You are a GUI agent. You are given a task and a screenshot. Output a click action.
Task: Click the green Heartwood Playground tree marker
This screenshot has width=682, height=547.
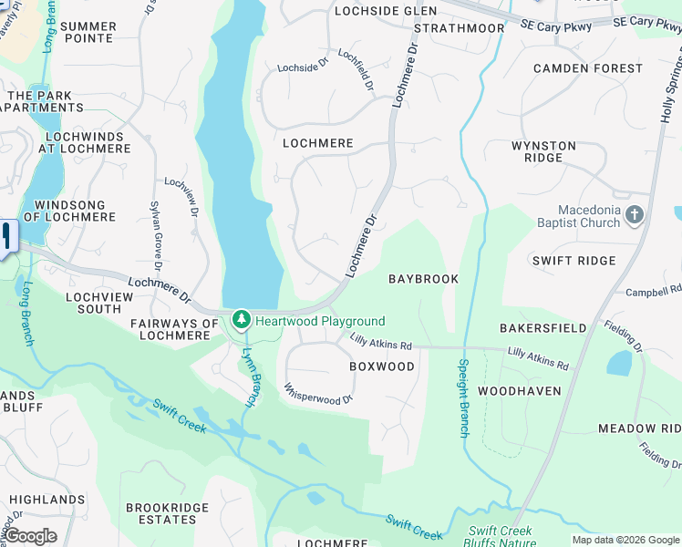(x=242, y=320)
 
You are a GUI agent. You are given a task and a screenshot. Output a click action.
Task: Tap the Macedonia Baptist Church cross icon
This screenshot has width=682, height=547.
(x=635, y=216)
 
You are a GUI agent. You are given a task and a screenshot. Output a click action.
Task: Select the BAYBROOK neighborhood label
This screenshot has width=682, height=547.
(x=423, y=279)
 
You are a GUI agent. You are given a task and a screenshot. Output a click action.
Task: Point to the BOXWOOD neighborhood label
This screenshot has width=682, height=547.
(x=382, y=366)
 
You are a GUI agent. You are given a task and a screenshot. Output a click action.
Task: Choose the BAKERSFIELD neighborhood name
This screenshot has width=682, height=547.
(x=542, y=327)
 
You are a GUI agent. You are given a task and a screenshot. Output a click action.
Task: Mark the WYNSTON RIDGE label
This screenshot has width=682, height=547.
(x=543, y=151)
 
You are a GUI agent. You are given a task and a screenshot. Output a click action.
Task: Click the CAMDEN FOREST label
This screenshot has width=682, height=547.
(x=588, y=68)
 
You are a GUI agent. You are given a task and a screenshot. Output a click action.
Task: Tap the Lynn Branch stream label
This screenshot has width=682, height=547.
(x=249, y=375)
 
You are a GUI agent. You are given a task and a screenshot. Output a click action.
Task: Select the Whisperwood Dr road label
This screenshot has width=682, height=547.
(x=318, y=394)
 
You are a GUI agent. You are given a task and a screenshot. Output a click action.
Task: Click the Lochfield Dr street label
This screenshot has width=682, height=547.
(x=356, y=70)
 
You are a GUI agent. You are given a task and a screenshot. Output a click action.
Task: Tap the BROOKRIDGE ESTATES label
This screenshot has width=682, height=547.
(x=161, y=513)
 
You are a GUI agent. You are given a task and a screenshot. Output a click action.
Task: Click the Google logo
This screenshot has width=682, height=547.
(x=30, y=536)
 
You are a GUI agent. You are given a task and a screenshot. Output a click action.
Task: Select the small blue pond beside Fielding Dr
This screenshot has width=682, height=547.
(x=620, y=364)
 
